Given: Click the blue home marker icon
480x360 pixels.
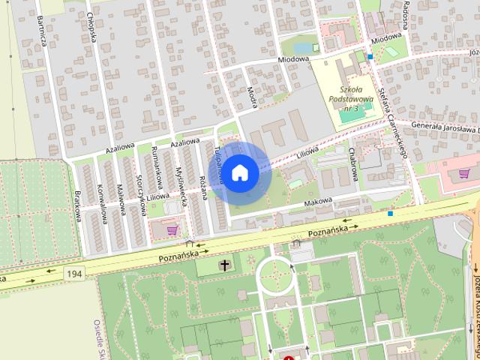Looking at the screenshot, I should click(239, 172).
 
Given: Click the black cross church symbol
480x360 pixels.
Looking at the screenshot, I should click(224, 265).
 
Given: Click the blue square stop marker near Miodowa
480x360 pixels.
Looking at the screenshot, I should click(370, 56).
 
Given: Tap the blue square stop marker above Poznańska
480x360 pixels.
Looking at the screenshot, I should click(391, 214).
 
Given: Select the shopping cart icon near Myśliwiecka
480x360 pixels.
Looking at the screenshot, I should click(172, 229).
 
